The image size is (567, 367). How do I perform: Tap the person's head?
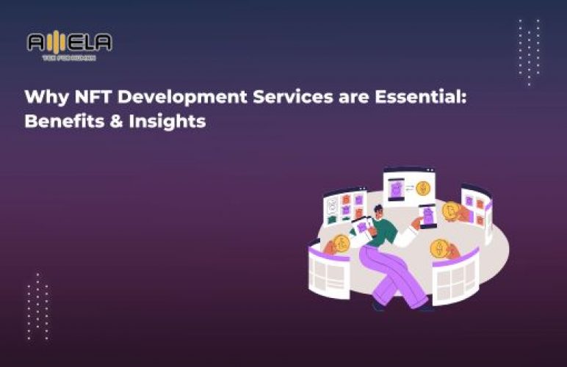coord(376,212)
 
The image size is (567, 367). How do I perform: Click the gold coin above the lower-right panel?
coord(439,247)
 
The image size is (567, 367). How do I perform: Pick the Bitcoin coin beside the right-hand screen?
coord(450,212)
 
